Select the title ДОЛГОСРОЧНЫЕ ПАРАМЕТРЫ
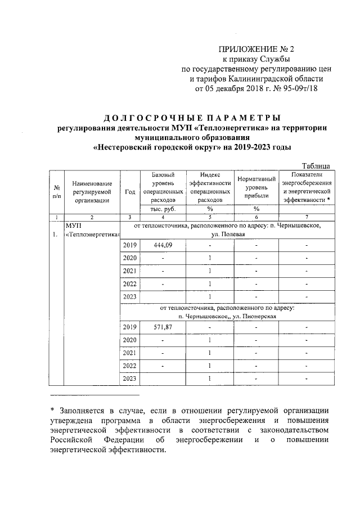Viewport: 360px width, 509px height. click(x=192, y=118)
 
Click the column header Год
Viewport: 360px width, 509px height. click(x=130, y=192)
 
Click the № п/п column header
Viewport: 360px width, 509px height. click(x=56, y=192)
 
